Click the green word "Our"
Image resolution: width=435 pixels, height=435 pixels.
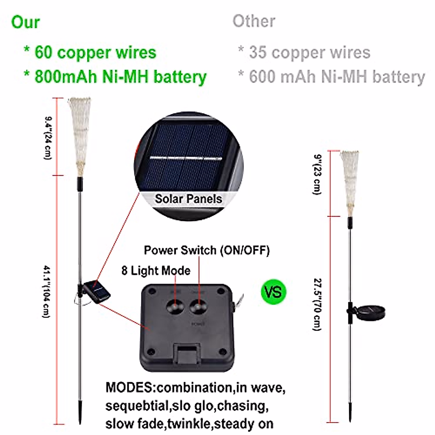25,22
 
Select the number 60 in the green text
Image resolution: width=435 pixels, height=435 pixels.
43,53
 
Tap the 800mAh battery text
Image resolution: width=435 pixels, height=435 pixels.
66,77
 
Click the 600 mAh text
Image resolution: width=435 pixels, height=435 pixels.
276,77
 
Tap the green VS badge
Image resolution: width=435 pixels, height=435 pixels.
273,291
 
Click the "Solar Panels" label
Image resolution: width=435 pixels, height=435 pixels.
188,199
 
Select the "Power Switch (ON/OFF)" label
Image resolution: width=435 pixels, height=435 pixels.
207,250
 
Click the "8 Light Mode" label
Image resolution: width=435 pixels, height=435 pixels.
156,270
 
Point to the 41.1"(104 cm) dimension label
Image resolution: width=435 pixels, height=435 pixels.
46,292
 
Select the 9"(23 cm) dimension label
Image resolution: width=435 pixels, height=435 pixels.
317,174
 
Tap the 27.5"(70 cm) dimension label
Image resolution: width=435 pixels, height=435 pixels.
317,304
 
